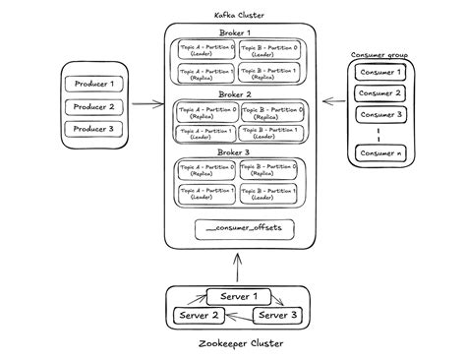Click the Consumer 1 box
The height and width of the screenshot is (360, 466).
380,73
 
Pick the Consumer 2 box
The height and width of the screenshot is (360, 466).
380,93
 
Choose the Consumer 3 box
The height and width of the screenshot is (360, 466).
380,115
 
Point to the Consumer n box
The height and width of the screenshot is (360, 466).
380,153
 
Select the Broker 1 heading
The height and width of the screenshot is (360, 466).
236,33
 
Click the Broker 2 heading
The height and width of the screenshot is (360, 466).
236,95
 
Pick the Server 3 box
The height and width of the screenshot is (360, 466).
278,316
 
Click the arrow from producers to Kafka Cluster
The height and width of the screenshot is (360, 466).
147,102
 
